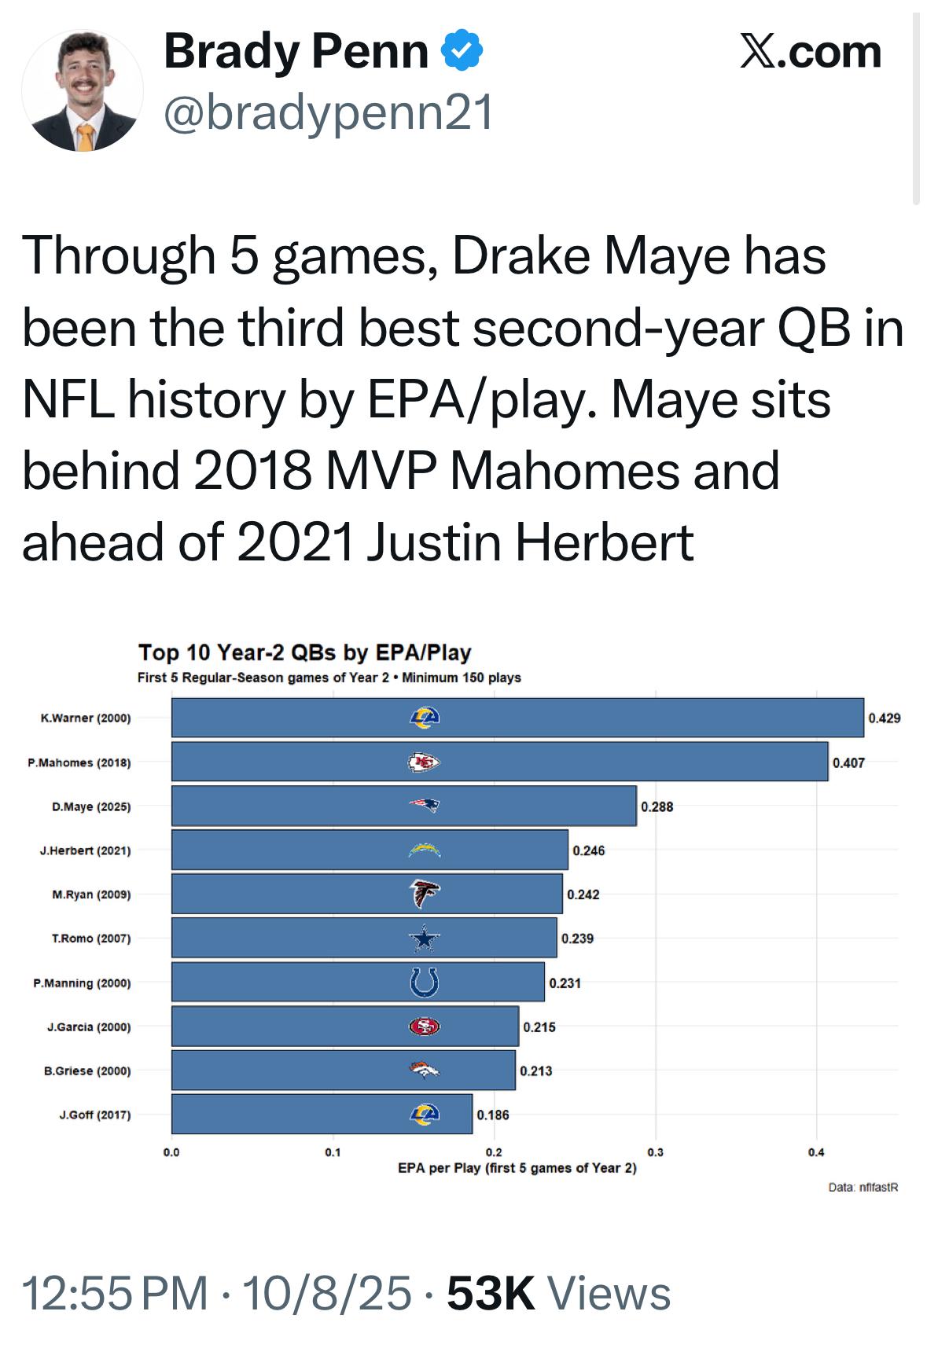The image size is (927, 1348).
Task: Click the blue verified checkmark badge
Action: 462,52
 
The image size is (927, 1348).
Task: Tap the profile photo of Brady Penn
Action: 83,90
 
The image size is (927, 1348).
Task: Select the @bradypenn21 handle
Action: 328,112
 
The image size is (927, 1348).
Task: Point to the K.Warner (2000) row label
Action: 86,718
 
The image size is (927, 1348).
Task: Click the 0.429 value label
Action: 885,718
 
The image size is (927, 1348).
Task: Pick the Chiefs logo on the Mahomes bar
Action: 424,762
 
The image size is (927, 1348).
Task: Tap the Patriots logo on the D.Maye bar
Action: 424,806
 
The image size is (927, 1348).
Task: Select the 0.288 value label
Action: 657,806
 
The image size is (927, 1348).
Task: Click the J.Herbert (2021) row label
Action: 86,850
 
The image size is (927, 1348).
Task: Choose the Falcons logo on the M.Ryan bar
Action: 424,894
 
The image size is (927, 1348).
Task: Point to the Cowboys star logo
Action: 424,938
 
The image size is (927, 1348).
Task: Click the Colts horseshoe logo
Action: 424,983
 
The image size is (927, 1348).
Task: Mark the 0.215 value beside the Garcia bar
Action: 539,1027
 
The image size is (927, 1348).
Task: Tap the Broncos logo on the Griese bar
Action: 424,1070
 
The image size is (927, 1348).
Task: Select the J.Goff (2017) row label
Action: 95,1115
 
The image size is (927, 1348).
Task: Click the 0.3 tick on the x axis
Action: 655,1152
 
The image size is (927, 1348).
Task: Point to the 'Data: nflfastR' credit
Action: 863,1187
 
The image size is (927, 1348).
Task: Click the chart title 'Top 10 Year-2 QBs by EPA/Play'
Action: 304,652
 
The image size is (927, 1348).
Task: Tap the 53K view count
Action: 491,1293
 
